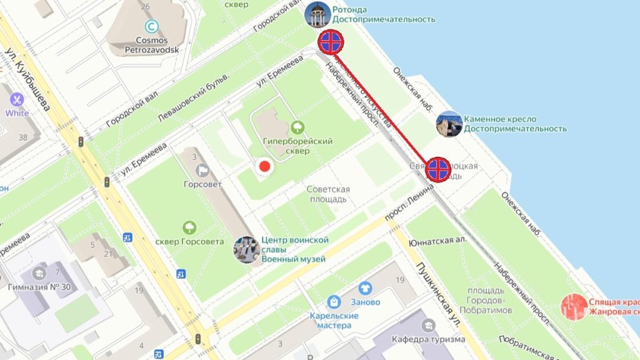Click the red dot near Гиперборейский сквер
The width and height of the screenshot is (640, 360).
(264, 166)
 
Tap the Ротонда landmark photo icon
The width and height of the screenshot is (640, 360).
(317, 15)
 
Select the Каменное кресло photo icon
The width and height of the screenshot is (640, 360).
(449, 124)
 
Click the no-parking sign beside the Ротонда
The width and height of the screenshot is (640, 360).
(331, 42)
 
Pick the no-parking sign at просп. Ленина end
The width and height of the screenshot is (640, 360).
(438, 169)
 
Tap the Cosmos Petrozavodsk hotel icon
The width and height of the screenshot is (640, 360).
(151, 26)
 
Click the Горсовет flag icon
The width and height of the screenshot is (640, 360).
(202, 170)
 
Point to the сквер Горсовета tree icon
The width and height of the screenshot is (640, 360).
(189, 228)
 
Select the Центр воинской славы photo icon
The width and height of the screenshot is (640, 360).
(247, 249)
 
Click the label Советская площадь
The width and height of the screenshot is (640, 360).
(327, 194)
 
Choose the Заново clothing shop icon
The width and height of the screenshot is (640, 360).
(365, 288)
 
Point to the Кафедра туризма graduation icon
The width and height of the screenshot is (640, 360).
(428, 325)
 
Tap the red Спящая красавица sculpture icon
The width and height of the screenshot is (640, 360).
(573, 307)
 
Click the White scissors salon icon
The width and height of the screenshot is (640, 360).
(16, 99)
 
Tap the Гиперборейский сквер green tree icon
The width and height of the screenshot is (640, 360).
(297, 127)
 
